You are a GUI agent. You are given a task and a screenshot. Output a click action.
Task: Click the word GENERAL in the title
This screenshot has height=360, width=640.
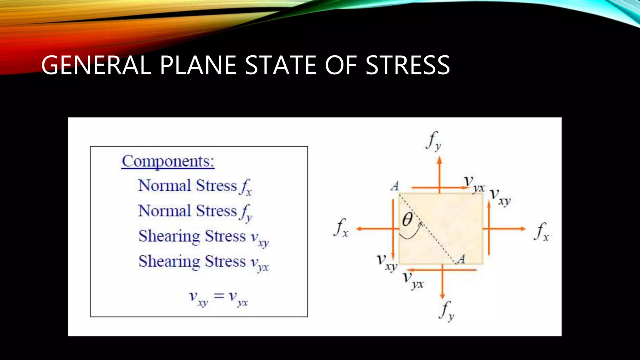pyautogui.click(x=96, y=65)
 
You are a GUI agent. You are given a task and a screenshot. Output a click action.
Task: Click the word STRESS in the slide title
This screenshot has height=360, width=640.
pyautogui.click(x=407, y=65)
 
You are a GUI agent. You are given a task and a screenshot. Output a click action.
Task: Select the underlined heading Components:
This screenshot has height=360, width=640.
pyautogui.click(x=168, y=162)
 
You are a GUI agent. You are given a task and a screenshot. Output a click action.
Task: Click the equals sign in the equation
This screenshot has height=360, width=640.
pyautogui.click(x=219, y=296)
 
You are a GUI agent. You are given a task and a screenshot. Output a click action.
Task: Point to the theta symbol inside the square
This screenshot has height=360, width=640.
pyautogui.click(x=407, y=219)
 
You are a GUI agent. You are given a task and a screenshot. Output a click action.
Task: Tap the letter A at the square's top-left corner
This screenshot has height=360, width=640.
pyautogui.click(x=395, y=186)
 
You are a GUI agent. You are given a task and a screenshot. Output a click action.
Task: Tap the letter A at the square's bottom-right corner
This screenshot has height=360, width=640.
pyautogui.click(x=461, y=259)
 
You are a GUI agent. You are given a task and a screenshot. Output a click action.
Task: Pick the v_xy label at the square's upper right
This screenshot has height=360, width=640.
pyautogui.click(x=500, y=197)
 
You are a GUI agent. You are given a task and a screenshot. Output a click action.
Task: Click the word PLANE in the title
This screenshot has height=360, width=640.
pyautogui.click(x=198, y=65)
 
